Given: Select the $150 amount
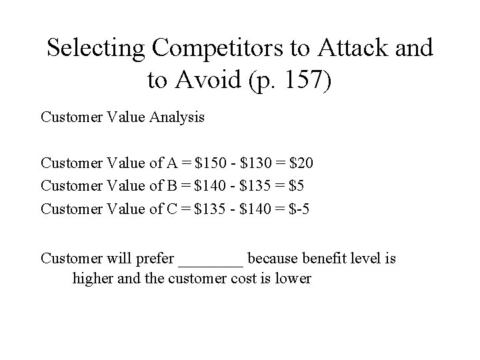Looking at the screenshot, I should (207, 163).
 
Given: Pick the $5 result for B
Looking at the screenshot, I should (297, 185).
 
